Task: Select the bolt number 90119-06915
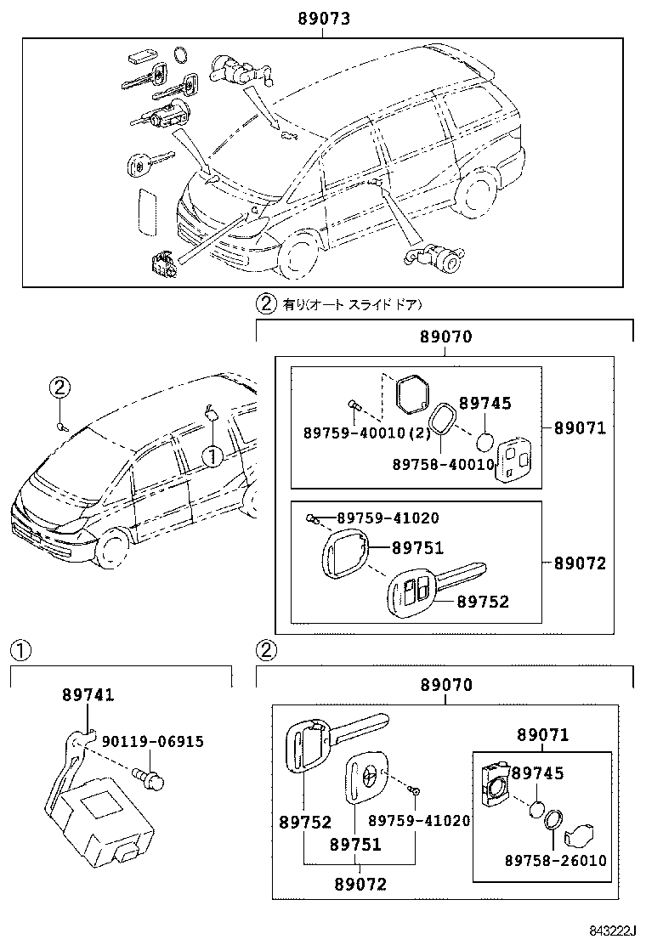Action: pos(153,742)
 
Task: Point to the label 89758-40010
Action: pos(443,464)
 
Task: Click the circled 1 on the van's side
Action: pos(212,456)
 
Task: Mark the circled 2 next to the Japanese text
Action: pos(266,303)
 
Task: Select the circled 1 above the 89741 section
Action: pos(20,651)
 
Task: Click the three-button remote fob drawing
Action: pos(514,461)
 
